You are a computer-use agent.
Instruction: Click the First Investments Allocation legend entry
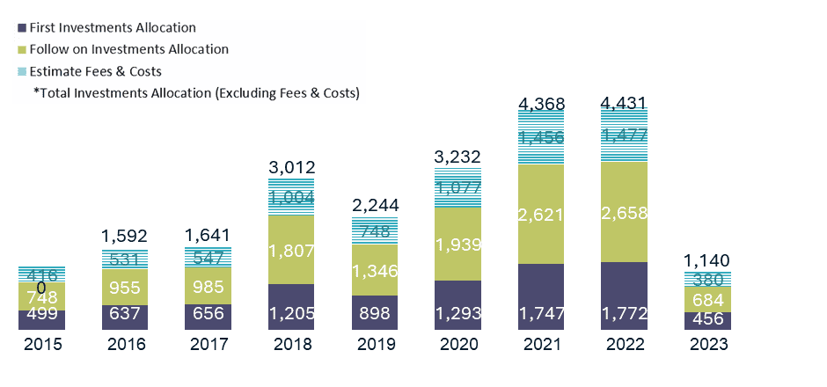tap(112, 27)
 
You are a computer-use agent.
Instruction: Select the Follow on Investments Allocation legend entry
tap(128, 49)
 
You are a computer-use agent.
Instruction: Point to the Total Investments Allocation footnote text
tap(196, 92)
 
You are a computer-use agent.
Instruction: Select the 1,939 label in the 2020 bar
tap(457, 244)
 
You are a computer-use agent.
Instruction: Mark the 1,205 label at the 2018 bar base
tap(291, 314)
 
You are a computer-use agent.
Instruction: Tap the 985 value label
tap(208, 286)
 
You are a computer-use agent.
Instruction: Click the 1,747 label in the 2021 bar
tap(541, 314)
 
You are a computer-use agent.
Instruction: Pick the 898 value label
tap(374, 314)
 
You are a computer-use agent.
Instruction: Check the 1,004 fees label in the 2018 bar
tap(291, 199)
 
